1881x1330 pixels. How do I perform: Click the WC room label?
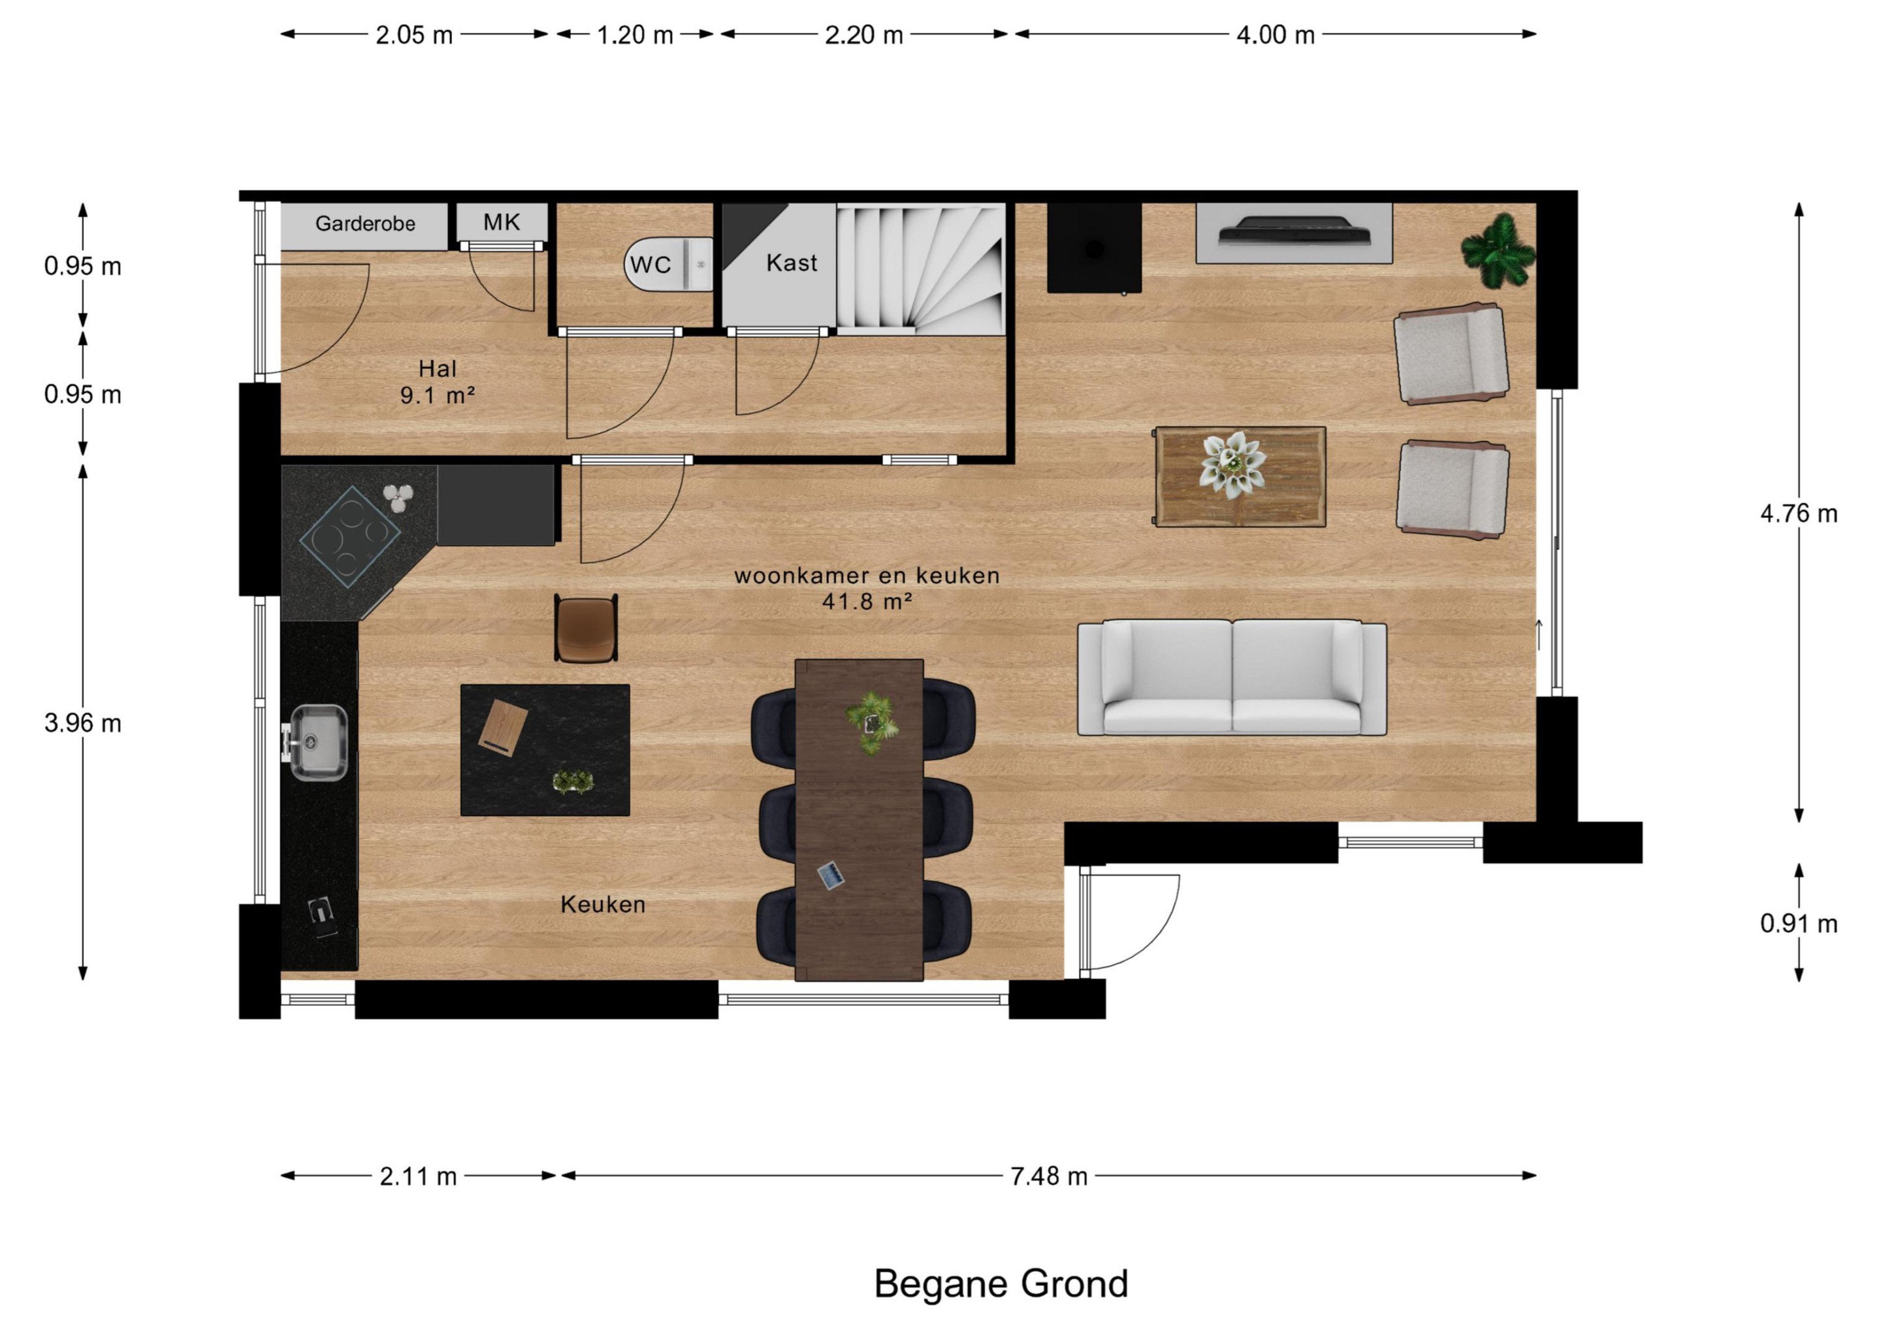(x=651, y=265)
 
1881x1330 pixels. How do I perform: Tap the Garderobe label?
(x=365, y=223)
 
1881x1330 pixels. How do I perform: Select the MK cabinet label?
(x=502, y=222)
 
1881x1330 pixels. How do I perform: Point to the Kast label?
(x=792, y=263)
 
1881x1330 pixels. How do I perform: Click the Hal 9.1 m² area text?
(x=438, y=382)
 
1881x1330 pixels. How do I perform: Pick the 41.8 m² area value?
(x=867, y=602)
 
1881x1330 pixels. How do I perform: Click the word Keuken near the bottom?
(x=603, y=905)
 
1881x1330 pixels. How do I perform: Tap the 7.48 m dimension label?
(x=1049, y=1176)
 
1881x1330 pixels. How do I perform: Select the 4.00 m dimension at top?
(x=1276, y=35)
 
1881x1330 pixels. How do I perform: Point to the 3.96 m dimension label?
(x=83, y=724)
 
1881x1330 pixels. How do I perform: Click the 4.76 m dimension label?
(x=1799, y=514)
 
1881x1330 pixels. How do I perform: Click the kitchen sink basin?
(x=319, y=743)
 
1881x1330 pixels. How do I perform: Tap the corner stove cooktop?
(x=350, y=537)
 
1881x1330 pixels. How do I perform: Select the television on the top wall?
(x=1294, y=231)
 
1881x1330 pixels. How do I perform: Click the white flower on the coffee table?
(x=1232, y=464)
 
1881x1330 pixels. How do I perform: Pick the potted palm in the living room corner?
(x=1498, y=251)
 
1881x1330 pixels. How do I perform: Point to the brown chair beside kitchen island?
(x=586, y=628)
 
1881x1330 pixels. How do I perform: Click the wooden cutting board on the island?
(x=503, y=725)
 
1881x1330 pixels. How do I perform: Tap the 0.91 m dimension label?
(x=1799, y=924)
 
